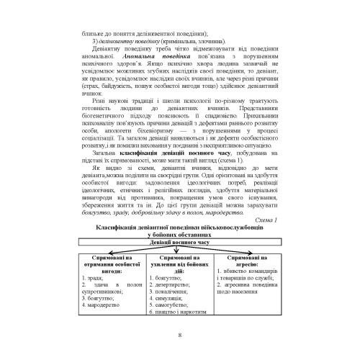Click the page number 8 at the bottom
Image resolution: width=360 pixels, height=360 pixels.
point(179,333)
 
